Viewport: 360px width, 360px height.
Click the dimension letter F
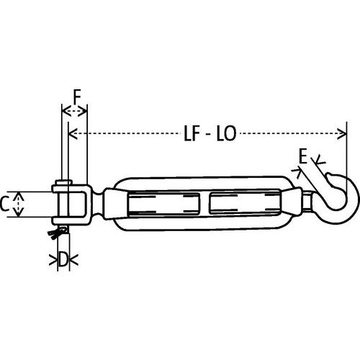pyautogui.click(x=76, y=94)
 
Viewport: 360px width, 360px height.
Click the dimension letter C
pyautogui.click(x=6, y=204)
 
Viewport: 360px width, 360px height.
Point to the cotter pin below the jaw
pyautogui.click(x=55, y=232)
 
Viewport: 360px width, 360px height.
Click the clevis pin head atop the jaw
pyautogui.click(x=65, y=181)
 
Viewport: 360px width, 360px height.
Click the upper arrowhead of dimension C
pyautogui.click(x=20, y=194)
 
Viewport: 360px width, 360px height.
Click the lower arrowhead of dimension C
pyautogui.click(x=20, y=215)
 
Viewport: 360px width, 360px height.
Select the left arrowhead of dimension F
pyautogui.click(x=65, y=110)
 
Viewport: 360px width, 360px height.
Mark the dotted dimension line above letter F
pyautogui.click(x=76, y=110)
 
